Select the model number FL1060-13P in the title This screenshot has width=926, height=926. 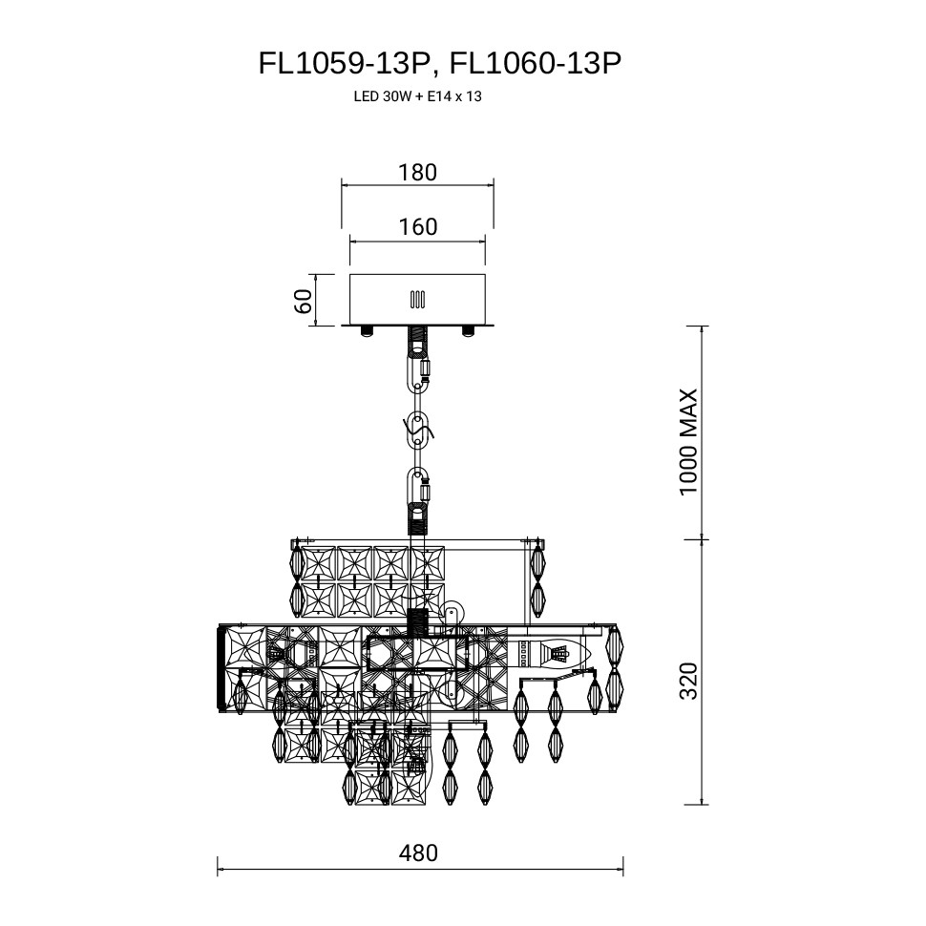(x=535, y=63)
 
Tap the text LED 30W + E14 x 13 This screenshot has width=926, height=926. (x=416, y=96)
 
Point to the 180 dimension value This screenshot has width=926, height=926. (x=417, y=173)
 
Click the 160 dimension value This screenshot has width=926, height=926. (x=417, y=227)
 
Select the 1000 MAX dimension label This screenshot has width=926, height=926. (x=689, y=442)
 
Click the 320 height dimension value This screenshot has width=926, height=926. (x=689, y=680)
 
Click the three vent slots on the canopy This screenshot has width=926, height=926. (x=417, y=299)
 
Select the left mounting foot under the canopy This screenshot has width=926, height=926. (x=367, y=331)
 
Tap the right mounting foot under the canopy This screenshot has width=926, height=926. (x=468, y=331)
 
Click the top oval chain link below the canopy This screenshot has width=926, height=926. (x=418, y=373)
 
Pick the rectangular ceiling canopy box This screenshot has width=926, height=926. (x=417, y=300)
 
